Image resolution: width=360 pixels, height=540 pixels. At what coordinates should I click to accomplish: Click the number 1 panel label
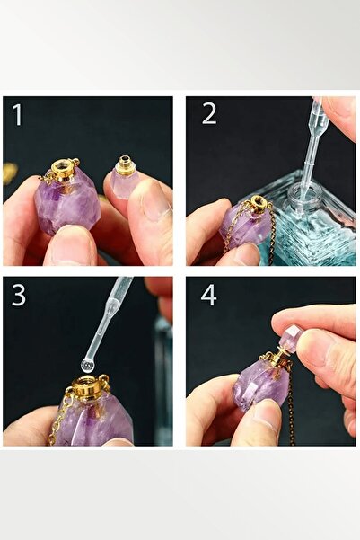pos(18,114)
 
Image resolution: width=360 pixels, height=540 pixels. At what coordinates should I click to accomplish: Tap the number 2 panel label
pos(209,113)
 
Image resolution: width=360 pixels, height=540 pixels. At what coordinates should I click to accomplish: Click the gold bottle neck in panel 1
pos(64,170)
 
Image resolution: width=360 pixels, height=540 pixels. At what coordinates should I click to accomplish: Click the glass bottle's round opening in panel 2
pos(304,193)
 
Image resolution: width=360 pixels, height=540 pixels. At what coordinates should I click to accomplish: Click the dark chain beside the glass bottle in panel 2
pos(270,235)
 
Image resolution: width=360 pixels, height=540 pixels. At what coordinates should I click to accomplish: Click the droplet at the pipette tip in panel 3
pos(88,366)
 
